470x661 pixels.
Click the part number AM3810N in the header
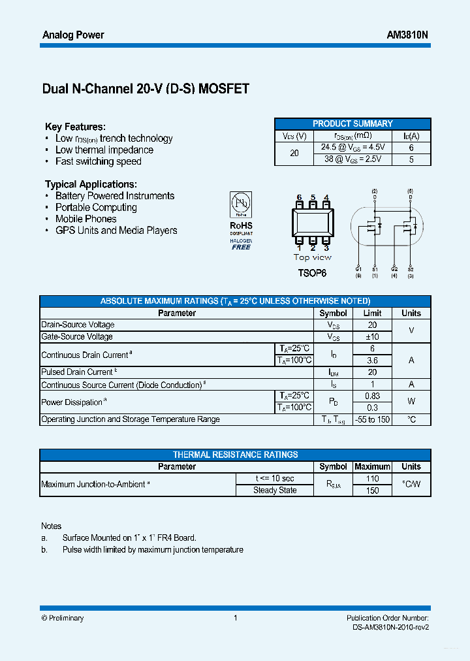click(x=407, y=35)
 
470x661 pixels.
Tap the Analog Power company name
click(x=73, y=35)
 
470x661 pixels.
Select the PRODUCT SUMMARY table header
click(x=352, y=123)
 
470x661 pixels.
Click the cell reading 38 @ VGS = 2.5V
click(x=353, y=159)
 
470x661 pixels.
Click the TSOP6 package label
click(x=312, y=272)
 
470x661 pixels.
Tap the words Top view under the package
click(x=312, y=257)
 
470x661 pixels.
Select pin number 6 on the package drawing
click(x=299, y=197)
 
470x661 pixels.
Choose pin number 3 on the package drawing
click(x=326, y=248)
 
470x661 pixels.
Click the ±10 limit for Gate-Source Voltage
click(x=372, y=336)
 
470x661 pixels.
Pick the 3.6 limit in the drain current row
click(x=372, y=360)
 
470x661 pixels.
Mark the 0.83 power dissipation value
click(x=372, y=396)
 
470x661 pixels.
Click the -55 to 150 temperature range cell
click(x=372, y=419)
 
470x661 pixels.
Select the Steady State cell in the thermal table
click(x=275, y=490)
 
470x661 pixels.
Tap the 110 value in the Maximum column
click(x=372, y=478)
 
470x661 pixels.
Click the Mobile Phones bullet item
click(x=86, y=219)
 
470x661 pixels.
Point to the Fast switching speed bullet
click(x=98, y=161)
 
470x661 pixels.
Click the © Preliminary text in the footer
click(x=63, y=618)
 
